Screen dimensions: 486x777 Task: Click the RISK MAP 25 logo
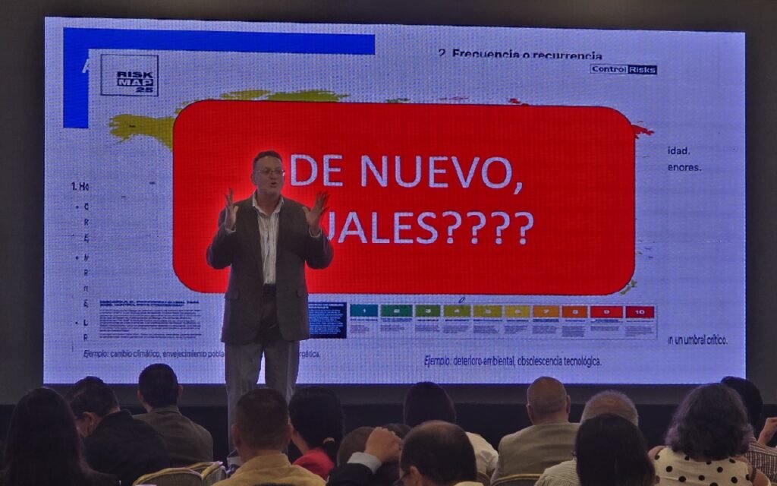[x=129, y=75]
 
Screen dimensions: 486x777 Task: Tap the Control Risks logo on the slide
[x=623, y=69]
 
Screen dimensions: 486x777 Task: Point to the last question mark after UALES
[x=524, y=228]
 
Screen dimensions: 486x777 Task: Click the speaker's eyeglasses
[x=269, y=172]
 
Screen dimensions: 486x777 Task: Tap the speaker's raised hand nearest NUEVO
[x=316, y=209]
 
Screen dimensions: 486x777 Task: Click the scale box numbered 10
[x=640, y=311]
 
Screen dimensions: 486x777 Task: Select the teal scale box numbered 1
[x=364, y=311]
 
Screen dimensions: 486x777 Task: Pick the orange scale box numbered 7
[x=546, y=311]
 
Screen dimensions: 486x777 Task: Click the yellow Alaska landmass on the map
[x=141, y=128]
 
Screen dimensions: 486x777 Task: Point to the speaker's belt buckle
[x=268, y=289]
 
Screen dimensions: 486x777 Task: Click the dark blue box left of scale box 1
[x=328, y=320]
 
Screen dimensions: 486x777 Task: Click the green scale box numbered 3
[x=427, y=311]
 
